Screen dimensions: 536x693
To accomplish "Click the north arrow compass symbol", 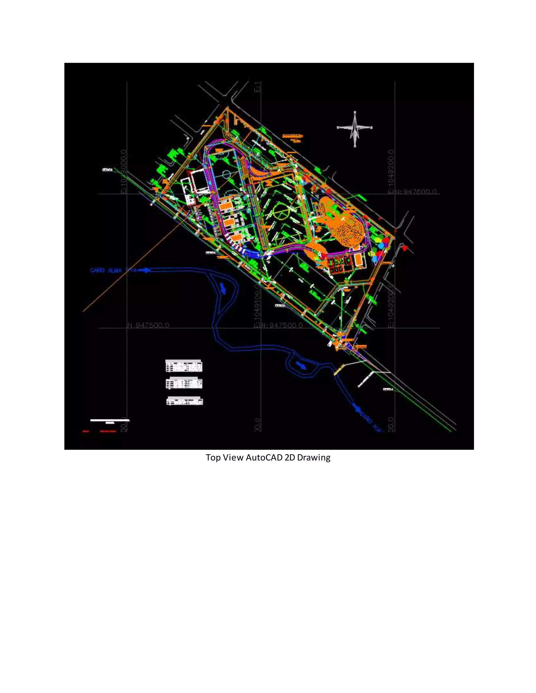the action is coord(355,128).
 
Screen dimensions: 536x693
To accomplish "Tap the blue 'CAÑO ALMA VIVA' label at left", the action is coord(113,270).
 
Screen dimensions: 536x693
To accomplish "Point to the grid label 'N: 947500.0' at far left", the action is coord(148,325).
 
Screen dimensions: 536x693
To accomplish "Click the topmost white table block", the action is coord(184,366).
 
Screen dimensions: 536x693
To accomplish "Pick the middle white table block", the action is coord(184,383).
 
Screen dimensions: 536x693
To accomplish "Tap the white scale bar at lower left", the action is coord(110,420).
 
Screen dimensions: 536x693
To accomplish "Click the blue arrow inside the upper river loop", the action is coord(223,289).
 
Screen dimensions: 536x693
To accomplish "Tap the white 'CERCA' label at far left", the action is coord(107,170).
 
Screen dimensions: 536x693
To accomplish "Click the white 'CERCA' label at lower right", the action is coord(388,389).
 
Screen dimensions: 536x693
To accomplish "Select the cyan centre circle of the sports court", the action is coord(226,174).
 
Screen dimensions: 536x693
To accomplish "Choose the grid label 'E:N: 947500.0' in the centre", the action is coord(278,325).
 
